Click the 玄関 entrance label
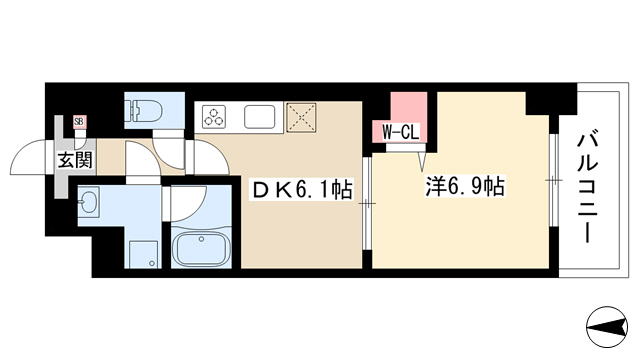pos(75,160)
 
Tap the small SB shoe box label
pos(79,122)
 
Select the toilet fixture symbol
pos(145,111)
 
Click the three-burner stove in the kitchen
pos(214,117)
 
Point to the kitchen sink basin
pos(260,117)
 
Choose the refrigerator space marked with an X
pos(301,118)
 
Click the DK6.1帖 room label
pos(302,190)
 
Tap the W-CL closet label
pos(400,132)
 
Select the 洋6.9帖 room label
pos(465,187)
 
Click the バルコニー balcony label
pos(588,186)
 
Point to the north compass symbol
pos(607,327)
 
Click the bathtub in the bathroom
pos(201,249)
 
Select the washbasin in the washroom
pos(88,202)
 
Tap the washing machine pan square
pos(144,254)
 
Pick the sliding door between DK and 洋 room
pos(367,203)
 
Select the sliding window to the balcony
pos(553,180)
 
